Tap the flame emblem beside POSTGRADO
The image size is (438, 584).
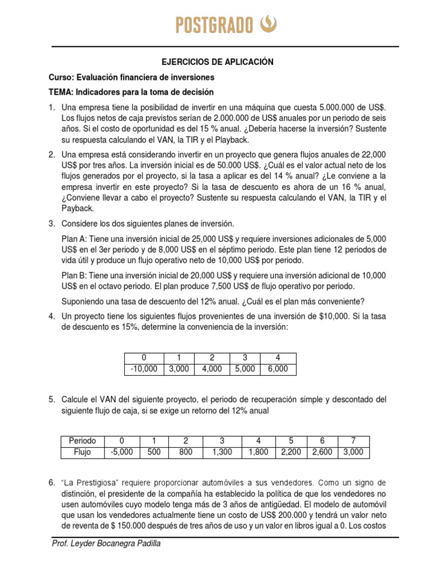tap(268, 24)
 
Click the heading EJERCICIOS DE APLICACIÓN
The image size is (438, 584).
tap(218, 62)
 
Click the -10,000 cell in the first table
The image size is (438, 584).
tap(144, 369)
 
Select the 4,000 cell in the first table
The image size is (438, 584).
tap(212, 369)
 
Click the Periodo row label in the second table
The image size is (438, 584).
tap(83, 441)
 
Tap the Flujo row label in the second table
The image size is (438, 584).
tap(83, 453)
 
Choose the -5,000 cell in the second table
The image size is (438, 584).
tap(121, 453)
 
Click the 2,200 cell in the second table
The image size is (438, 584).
tap(291, 453)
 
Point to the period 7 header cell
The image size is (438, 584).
tap(353, 441)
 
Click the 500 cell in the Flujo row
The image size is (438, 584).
tap(153, 453)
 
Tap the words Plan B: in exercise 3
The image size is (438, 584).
tap(75, 275)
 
